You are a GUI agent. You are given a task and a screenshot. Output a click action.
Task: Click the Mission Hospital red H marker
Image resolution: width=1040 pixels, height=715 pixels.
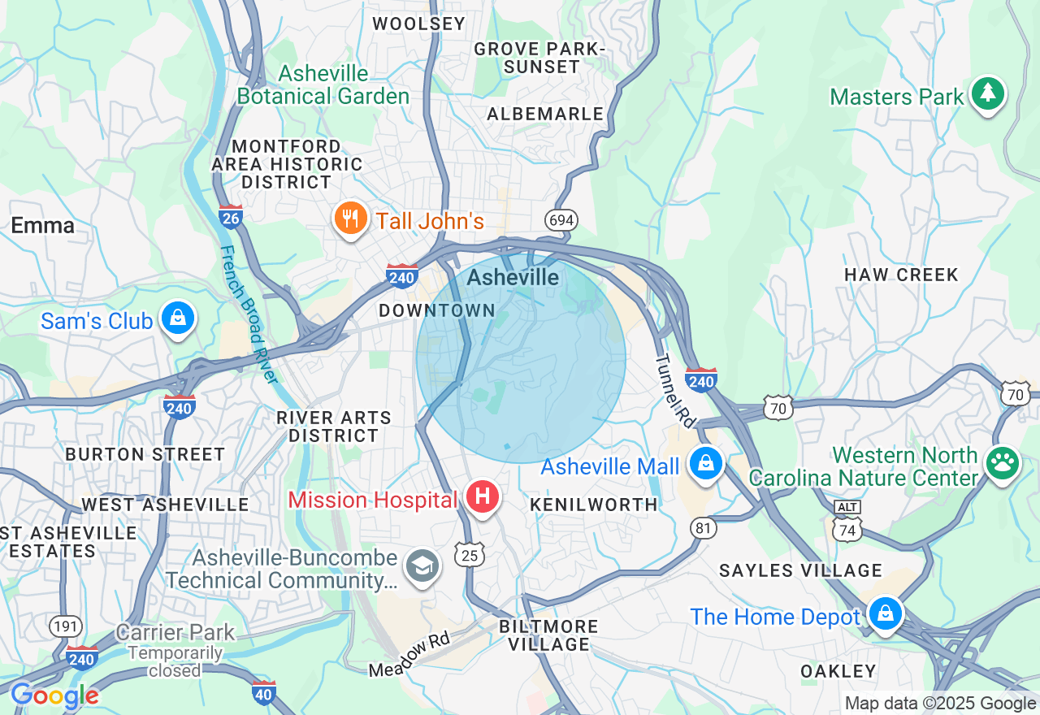pyautogui.click(x=482, y=495)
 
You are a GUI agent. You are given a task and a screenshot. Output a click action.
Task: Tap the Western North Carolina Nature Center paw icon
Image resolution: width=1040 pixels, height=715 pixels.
pyautogui.click(x=1002, y=463)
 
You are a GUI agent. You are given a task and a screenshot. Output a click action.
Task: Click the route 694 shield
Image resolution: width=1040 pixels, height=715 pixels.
pyautogui.click(x=561, y=220)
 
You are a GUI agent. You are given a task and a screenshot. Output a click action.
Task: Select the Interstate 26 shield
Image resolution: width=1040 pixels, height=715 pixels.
pyautogui.click(x=230, y=216)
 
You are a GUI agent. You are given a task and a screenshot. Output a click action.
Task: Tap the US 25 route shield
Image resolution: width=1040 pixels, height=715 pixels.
pyautogui.click(x=470, y=554)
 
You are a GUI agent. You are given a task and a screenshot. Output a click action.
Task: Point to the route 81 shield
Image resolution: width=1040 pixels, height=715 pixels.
pyautogui.click(x=704, y=528)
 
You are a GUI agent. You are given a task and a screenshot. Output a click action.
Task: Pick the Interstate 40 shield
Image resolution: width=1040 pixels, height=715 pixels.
pyautogui.click(x=263, y=693)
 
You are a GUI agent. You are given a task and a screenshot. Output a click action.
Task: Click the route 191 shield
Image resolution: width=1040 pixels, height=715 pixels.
pyautogui.click(x=65, y=626)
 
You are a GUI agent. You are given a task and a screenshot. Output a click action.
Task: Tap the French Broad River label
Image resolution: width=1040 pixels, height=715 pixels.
pyautogui.click(x=249, y=314)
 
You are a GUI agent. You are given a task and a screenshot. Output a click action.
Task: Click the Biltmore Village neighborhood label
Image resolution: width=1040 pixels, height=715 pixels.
pyautogui.click(x=548, y=635)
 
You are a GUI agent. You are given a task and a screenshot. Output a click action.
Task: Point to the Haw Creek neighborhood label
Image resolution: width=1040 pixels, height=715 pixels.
pyautogui.click(x=901, y=275)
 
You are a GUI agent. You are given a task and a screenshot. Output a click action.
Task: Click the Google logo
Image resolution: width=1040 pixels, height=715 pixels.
pyautogui.click(x=54, y=695)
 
